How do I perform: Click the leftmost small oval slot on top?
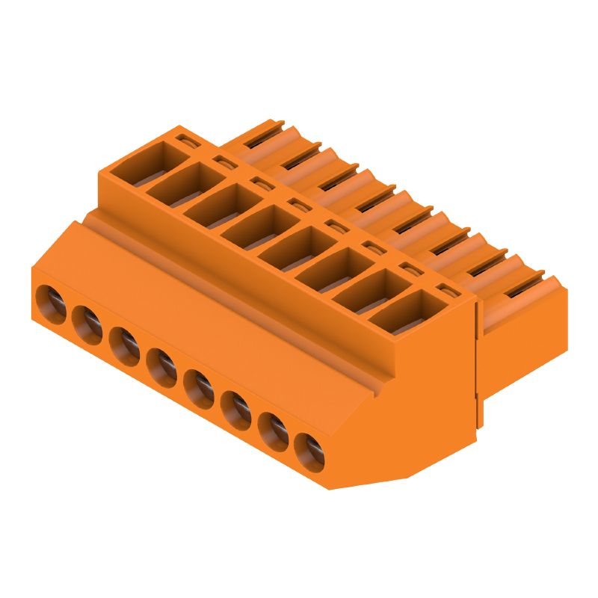pos(184,138)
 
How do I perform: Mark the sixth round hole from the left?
pos(235,407)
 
